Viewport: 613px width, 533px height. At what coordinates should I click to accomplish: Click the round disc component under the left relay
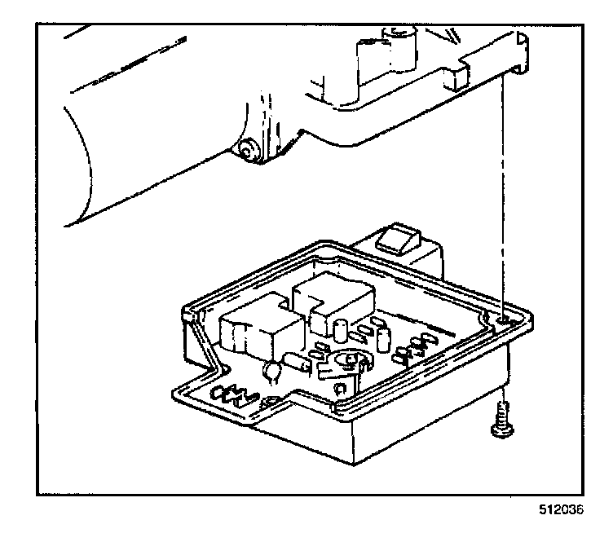(x=272, y=373)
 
